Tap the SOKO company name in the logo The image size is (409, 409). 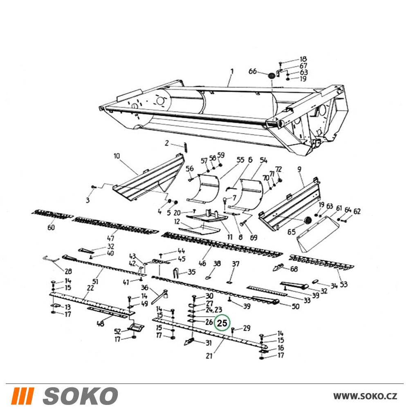pos(80,396)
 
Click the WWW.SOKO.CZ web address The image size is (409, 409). pos(365,396)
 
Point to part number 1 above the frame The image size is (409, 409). pos(231,71)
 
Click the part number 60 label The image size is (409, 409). pos(51,228)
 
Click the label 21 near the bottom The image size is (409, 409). pos(209,356)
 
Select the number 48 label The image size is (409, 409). pos(100,324)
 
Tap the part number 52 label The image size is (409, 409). pos(118,331)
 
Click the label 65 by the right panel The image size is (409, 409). pos(291,232)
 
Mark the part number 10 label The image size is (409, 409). pos(117,156)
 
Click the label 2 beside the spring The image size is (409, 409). pos(167,143)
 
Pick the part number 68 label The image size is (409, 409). pos(294,269)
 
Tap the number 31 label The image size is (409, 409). pos(208,343)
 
